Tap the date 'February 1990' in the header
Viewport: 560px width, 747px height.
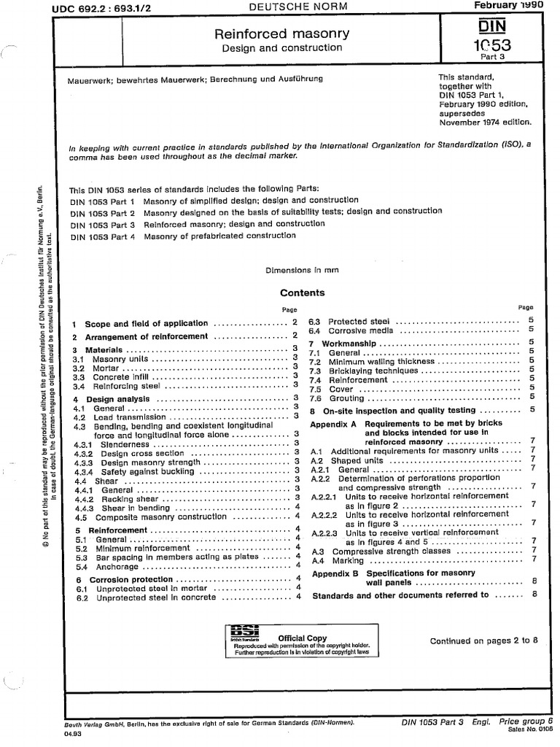509,4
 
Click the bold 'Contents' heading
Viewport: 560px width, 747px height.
303,293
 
